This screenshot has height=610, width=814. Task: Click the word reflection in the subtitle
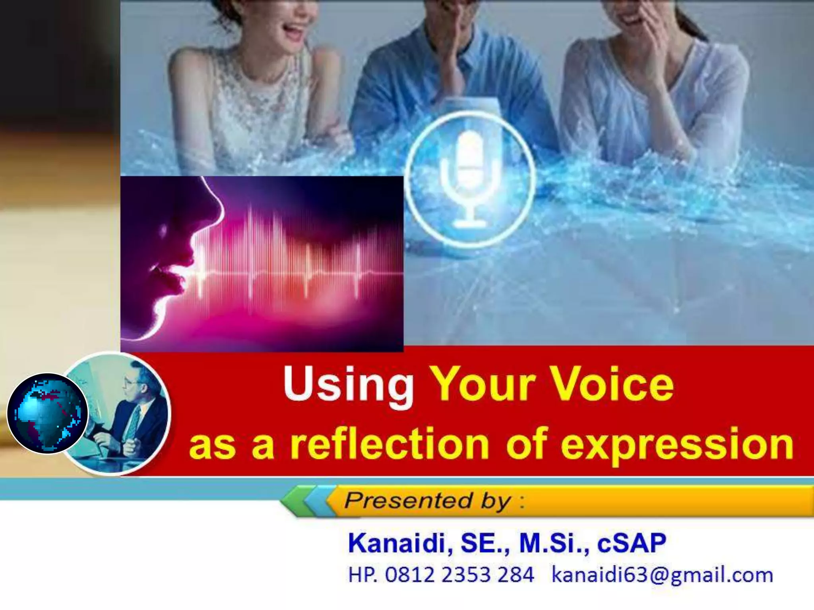pos(389,444)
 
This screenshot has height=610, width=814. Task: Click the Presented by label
pos(427,500)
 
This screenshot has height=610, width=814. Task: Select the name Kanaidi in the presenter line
pos(399,543)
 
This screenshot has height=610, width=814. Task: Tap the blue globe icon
pos(47,413)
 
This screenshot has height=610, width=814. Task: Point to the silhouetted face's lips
pos(167,278)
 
